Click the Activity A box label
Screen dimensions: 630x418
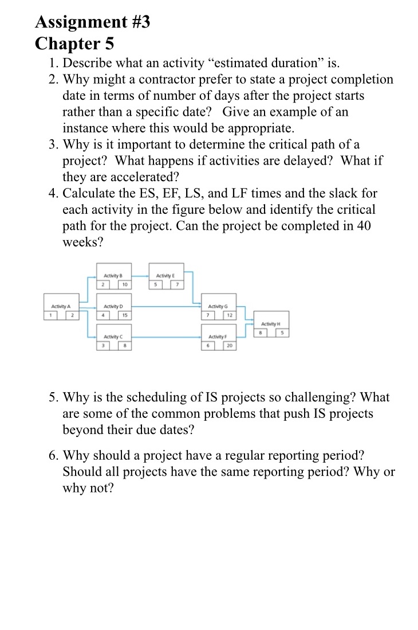point(58,306)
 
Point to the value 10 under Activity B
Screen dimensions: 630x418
point(124,285)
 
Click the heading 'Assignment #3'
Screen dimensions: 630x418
point(92,22)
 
